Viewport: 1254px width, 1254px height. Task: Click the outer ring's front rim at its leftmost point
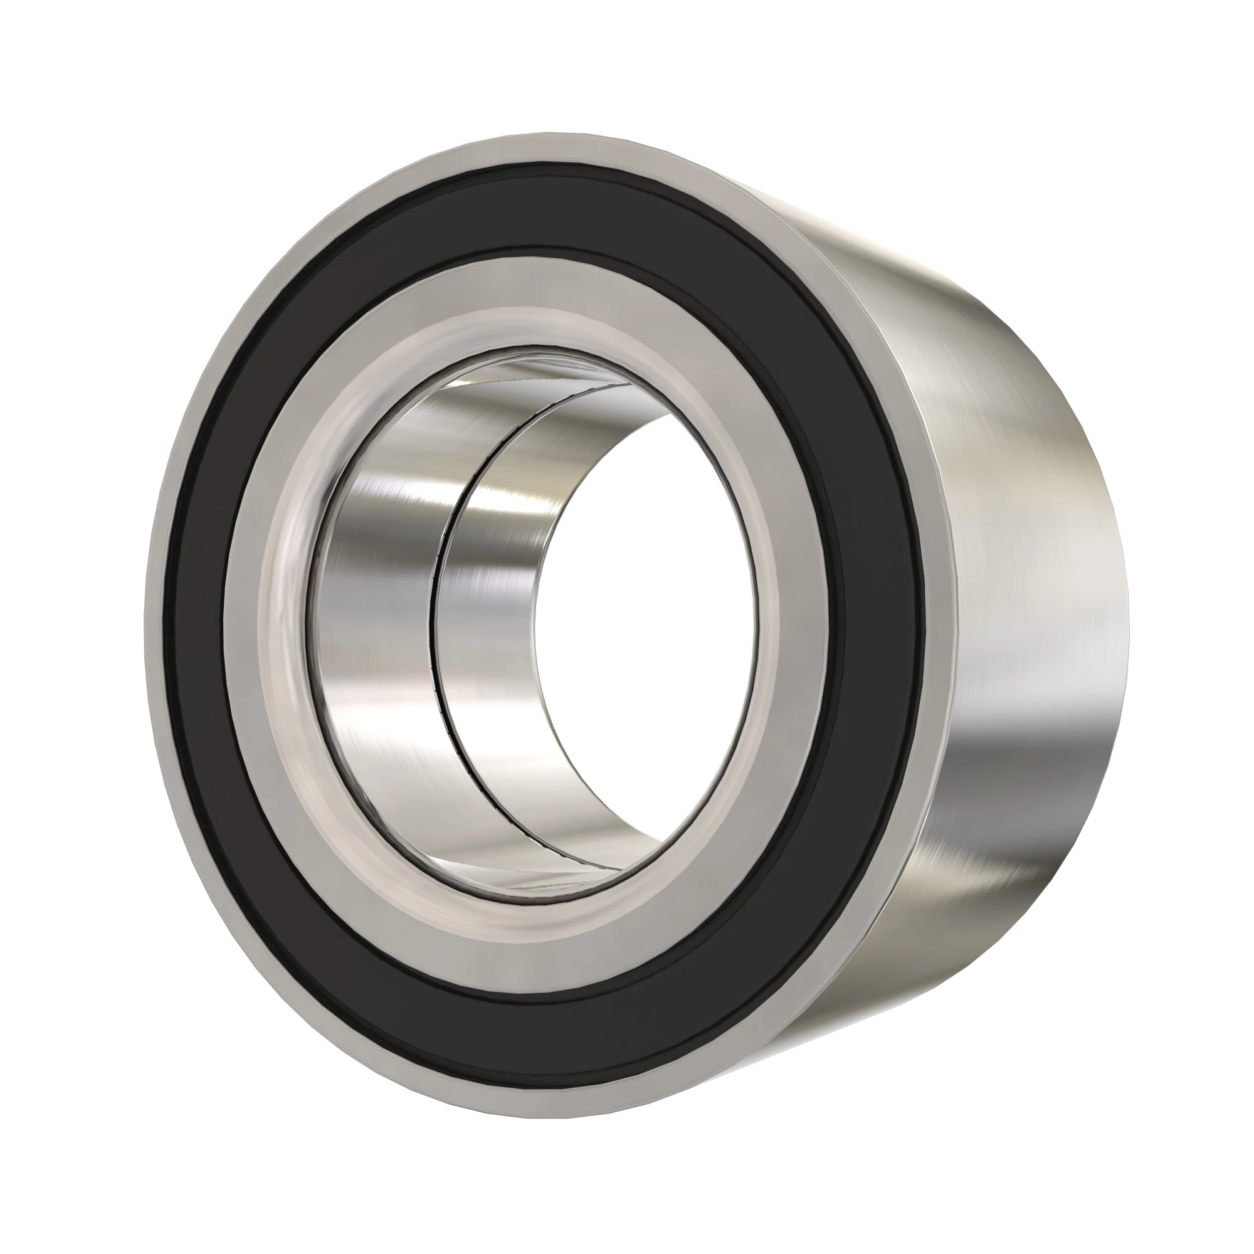point(154,623)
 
